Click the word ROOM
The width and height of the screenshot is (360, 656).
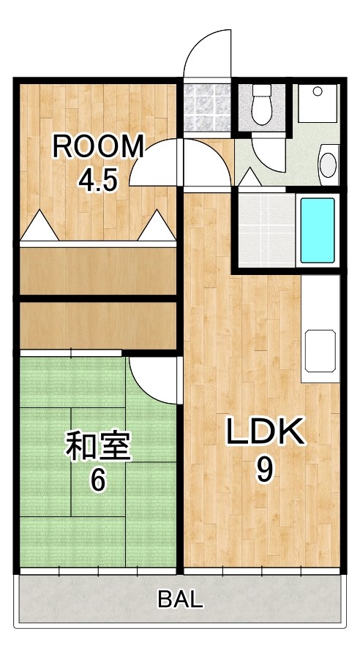[98, 147]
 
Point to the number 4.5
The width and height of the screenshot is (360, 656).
[99, 180]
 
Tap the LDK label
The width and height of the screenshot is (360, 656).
[264, 433]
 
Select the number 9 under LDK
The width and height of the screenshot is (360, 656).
[264, 469]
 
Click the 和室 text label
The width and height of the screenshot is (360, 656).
[98, 447]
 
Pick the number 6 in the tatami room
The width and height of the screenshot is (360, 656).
[98, 480]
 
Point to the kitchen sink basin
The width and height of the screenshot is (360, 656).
[320, 350]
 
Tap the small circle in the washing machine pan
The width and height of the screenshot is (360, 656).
[318, 92]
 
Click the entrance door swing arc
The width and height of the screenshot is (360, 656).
[209, 51]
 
